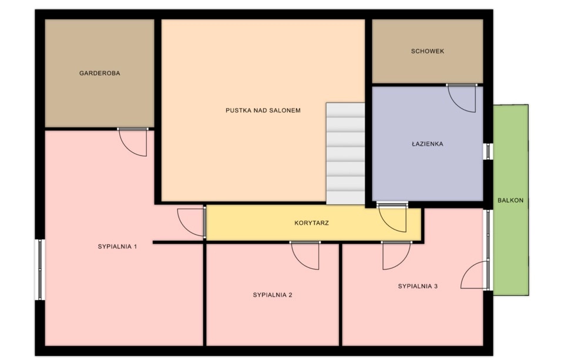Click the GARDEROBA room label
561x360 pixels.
pyautogui.click(x=99, y=73)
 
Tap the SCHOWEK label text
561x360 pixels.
pyautogui.click(x=428, y=51)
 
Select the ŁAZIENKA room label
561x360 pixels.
pyautogui.click(x=428, y=144)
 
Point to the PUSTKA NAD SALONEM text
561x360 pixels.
pyautogui.click(x=263, y=110)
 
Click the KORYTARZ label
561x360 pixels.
pyautogui.click(x=311, y=223)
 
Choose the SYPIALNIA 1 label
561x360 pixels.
pyautogui.click(x=117, y=247)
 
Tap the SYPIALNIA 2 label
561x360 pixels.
pyautogui.click(x=273, y=295)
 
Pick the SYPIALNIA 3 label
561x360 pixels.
pyautogui.click(x=418, y=286)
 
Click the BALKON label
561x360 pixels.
pyautogui.click(x=510, y=200)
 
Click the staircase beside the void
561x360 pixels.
pyautogui.click(x=345, y=153)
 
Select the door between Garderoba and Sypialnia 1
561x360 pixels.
pyautogui.click(x=132, y=142)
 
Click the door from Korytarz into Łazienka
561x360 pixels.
pyautogui.click(x=392, y=217)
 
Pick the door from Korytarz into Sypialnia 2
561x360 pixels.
pyautogui.click(x=305, y=255)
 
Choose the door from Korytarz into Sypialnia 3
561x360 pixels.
pyautogui.click(x=397, y=255)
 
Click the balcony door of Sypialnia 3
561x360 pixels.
pyautogui.click(x=475, y=274)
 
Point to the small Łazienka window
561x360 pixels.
pyautogui.click(x=488, y=152)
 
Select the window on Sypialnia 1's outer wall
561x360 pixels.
pyautogui.click(x=40, y=270)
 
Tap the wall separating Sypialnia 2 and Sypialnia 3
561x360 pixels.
pyautogui.click(x=340, y=295)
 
